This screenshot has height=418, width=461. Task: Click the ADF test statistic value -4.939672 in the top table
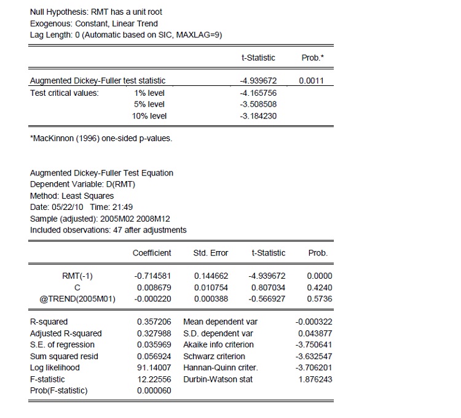click(258, 81)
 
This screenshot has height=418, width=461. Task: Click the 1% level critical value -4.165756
click(258, 93)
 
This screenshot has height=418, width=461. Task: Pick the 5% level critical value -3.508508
click(258, 104)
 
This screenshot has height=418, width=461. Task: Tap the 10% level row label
click(149, 116)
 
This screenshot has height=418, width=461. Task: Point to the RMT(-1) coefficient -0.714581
click(152, 276)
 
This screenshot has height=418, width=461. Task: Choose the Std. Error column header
click(211, 253)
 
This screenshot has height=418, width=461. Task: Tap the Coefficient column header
click(152, 253)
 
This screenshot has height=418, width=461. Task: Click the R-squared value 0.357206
click(154, 322)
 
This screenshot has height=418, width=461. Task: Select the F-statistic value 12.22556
click(154, 379)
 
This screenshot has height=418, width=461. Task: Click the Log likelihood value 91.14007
click(154, 368)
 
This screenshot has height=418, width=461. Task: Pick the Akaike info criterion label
click(218, 345)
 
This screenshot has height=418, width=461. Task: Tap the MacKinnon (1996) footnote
click(101, 138)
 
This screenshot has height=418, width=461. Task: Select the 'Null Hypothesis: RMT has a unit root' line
click(96, 12)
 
